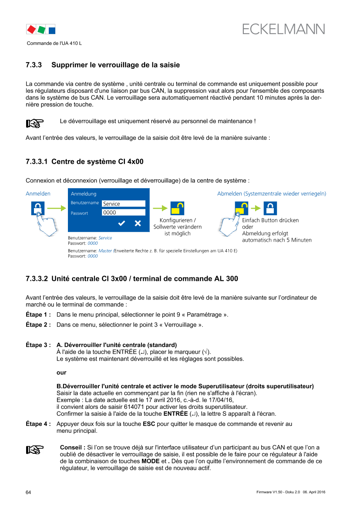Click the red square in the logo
tap(31, 30)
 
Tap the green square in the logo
tap(41, 30)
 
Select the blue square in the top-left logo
tap(51, 30)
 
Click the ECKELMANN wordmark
tap(284, 29)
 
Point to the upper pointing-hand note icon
tap(35, 124)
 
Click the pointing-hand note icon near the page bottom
tap(35, 450)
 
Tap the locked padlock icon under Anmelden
tap(38, 209)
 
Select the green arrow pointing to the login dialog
tap(56, 209)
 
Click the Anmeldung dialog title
tap(84, 194)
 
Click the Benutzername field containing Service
tap(123, 204)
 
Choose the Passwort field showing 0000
tap(123, 212)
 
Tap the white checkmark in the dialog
tap(122, 223)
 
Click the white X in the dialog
tap(138, 223)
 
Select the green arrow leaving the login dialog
tap(160, 209)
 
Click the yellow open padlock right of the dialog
tap(177, 209)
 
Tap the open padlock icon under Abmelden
tap(242, 209)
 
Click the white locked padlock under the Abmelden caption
tap(270, 209)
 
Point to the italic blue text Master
tap(105, 251)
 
